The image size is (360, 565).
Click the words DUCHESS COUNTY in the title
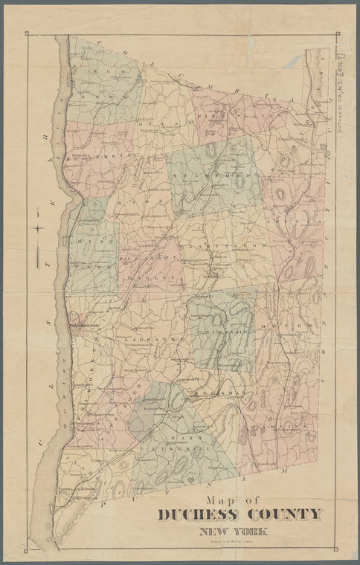pyautogui.click(x=240, y=514)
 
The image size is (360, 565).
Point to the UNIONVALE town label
pyautogui.click(x=220, y=320)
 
